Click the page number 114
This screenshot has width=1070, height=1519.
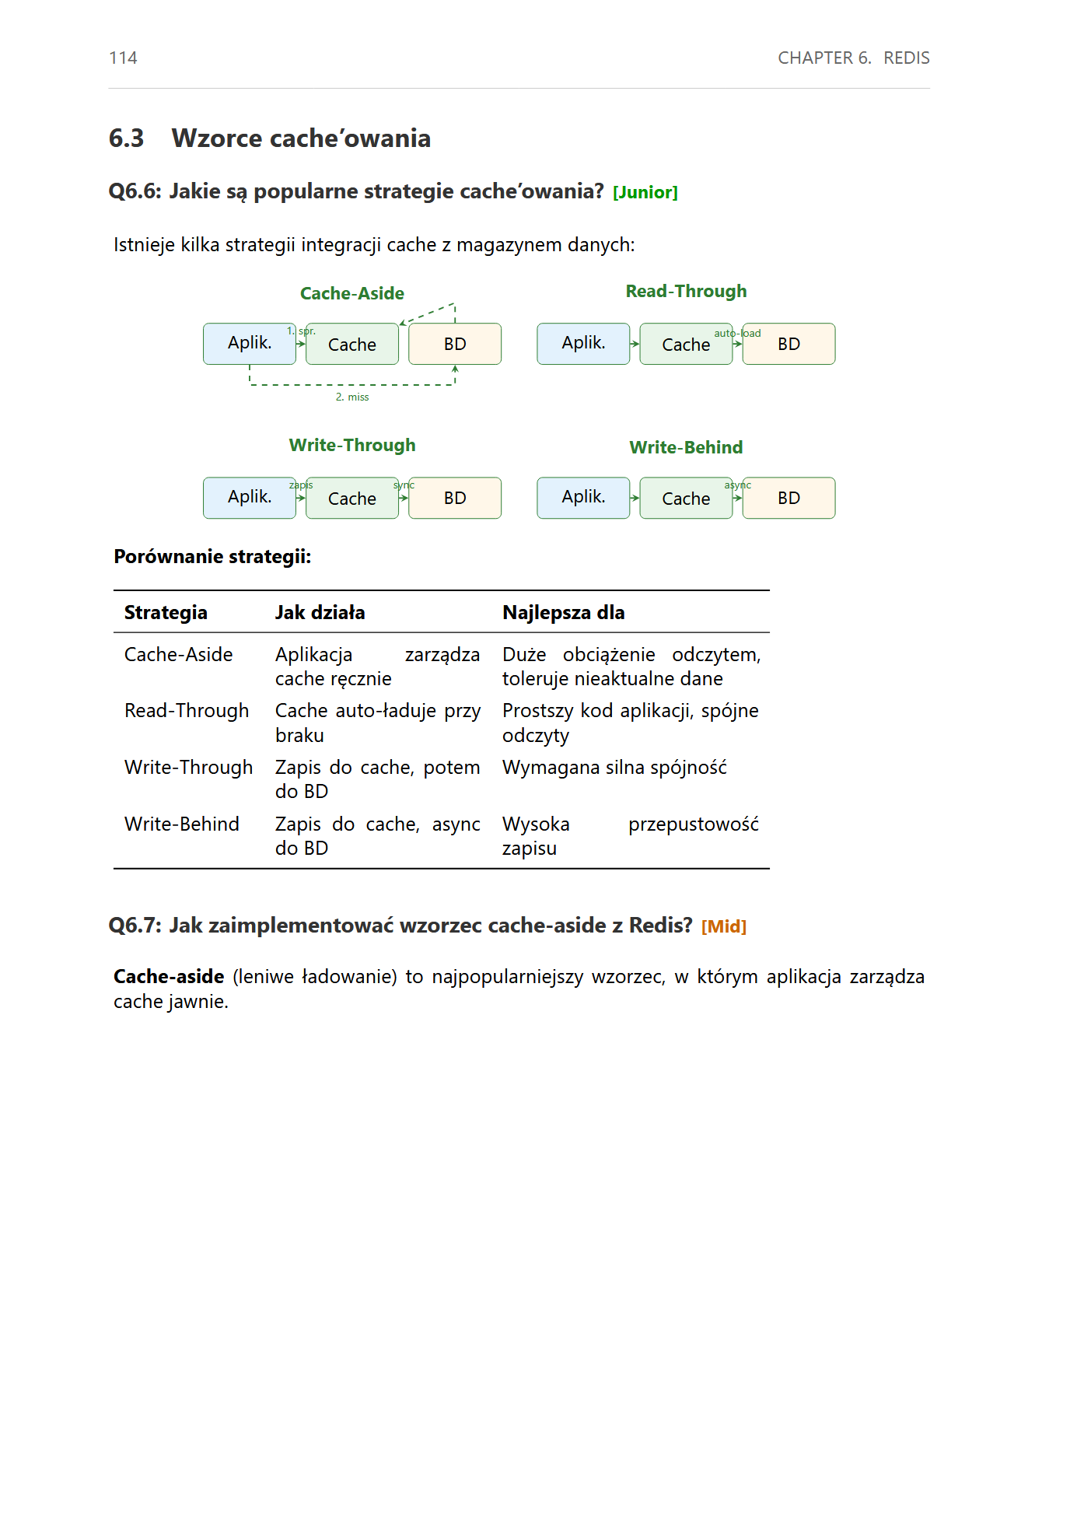(x=123, y=58)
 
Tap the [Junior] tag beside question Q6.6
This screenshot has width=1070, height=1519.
(x=645, y=193)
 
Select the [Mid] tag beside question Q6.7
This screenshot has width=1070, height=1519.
(x=723, y=926)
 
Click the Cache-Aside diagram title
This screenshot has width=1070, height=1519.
(x=351, y=293)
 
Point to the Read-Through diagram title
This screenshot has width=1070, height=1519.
(x=686, y=291)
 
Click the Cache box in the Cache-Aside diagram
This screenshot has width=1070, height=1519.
(x=351, y=345)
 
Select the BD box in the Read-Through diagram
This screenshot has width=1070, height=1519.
(x=789, y=345)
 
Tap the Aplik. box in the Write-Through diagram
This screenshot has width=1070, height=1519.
(x=249, y=498)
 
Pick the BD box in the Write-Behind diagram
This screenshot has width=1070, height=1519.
(x=789, y=499)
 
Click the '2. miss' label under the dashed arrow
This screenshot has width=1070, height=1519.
(x=352, y=397)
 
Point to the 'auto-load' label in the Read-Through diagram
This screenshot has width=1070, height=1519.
(x=737, y=333)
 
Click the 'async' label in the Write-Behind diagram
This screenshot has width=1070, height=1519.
(x=737, y=485)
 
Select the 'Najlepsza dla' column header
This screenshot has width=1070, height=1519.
(x=563, y=613)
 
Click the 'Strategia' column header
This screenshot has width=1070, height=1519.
(x=166, y=613)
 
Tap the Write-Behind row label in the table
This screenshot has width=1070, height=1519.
(x=182, y=824)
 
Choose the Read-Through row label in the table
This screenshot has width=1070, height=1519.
(x=187, y=711)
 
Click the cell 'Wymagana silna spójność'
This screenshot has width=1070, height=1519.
(x=614, y=768)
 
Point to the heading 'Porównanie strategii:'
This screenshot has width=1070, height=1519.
(x=212, y=557)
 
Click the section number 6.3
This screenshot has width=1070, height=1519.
(x=126, y=138)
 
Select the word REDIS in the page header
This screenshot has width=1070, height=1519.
(x=906, y=58)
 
